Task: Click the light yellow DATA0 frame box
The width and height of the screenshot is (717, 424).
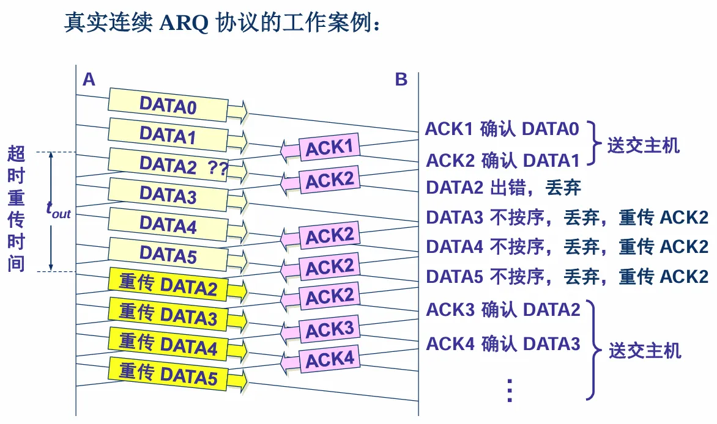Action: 168,105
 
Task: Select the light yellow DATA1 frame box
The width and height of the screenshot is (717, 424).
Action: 168,134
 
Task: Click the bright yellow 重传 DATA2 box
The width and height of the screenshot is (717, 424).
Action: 168,285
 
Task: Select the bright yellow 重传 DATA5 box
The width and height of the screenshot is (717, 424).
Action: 168,373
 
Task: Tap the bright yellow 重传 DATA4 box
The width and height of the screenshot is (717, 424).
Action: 168,343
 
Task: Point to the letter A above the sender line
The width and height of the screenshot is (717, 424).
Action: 89,79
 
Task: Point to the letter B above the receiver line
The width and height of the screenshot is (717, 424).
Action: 401,79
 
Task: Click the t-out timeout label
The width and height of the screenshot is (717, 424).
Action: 59,209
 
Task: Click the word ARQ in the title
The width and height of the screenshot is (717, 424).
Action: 184,23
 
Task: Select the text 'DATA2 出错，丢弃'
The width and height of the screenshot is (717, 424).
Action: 503,187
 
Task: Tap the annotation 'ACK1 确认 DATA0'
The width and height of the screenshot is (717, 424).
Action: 502,129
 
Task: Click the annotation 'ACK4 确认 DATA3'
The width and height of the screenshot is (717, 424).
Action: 503,344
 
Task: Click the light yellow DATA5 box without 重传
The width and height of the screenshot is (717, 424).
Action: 168,254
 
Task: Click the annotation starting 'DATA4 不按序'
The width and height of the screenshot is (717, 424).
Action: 567,247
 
